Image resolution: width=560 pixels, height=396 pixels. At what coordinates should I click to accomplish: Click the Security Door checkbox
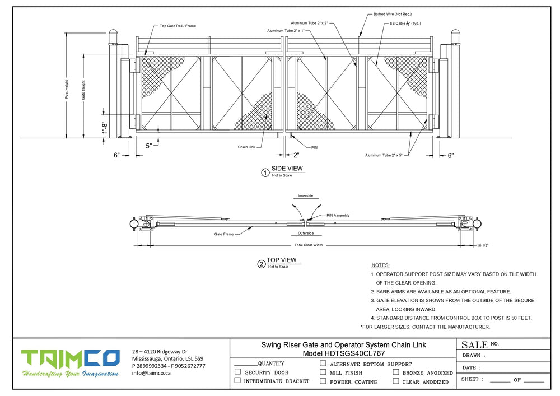[x=238, y=372]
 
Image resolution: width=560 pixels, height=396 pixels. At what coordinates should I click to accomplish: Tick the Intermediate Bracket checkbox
[x=238, y=381]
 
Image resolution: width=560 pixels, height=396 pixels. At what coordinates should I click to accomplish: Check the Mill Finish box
[x=323, y=372]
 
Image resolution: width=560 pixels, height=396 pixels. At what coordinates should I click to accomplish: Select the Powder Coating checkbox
[x=323, y=381]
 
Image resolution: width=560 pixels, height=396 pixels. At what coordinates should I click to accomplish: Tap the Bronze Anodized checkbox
[x=396, y=372]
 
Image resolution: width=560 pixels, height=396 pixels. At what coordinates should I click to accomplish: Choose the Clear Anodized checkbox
[x=396, y=381]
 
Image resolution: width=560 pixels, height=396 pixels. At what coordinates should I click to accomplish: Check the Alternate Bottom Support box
[x=323, y=364]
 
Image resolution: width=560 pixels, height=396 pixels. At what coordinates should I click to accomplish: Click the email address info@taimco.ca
[x=151, y=373]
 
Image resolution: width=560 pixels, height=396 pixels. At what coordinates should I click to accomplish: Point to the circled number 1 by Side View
[x=265, y=173]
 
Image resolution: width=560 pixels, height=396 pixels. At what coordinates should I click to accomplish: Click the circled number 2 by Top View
[x=261, y=264]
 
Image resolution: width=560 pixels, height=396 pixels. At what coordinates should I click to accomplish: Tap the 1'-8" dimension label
[x=105, y=128]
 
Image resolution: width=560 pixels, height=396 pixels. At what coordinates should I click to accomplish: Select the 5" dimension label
[x=148, y=146]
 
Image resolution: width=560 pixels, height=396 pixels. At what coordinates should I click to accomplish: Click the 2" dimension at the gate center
[x=296, y=155]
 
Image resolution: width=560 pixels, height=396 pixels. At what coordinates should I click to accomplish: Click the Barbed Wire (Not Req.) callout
[x=392, y=14]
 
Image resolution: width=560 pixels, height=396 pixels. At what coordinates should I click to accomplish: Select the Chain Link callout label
[x=246, y=147]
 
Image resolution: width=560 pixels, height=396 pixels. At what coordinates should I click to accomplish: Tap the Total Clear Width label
[x=309, y=245]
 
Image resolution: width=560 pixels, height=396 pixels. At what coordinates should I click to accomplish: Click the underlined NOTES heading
[x=381, y=265]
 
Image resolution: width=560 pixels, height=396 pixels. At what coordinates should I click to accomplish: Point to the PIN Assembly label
[x=338, y=215]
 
